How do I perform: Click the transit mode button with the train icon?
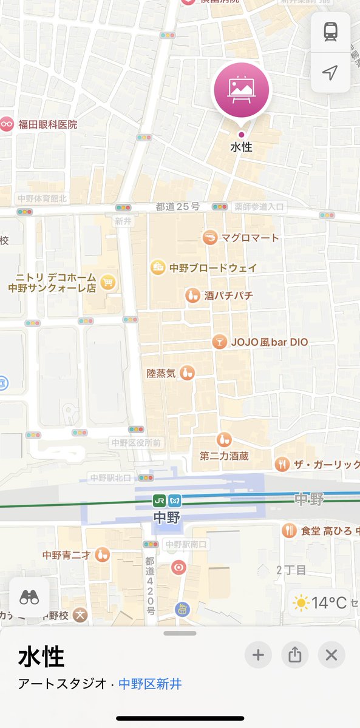[x=330, y=33]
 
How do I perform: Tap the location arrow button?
[x=330, y=73]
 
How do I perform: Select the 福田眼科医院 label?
[x=47, y=124]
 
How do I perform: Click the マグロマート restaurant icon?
[x=210, y=238]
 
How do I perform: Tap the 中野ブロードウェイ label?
[x=212, y=268]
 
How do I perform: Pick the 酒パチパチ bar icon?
[x=192, y=296]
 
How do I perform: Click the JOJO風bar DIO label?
[x=269, y=342]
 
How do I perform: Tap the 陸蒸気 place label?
[x=161, y=373]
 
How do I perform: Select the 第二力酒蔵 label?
[x=225, y=455]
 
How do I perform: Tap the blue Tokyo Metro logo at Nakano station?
[x=175, y=500]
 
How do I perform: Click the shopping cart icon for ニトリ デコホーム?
[x=108, y=282]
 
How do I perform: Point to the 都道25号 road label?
[x=177, y=207]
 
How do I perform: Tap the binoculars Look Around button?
[x=29, y=598]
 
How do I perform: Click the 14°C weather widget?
[x=320, y=602]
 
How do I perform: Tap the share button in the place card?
[x=294, y=655]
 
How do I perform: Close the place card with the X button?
[x=331, y=655]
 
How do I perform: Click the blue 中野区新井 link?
[x=150, y=684]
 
